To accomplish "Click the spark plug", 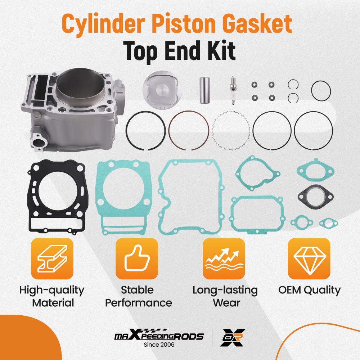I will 233,90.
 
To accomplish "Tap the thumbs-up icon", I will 136,258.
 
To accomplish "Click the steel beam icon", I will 52,258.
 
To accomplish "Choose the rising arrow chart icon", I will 224,258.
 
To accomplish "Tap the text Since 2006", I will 159,345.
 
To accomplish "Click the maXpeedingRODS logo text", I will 159,336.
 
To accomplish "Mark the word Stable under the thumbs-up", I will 137,290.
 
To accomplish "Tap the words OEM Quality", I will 309,290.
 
